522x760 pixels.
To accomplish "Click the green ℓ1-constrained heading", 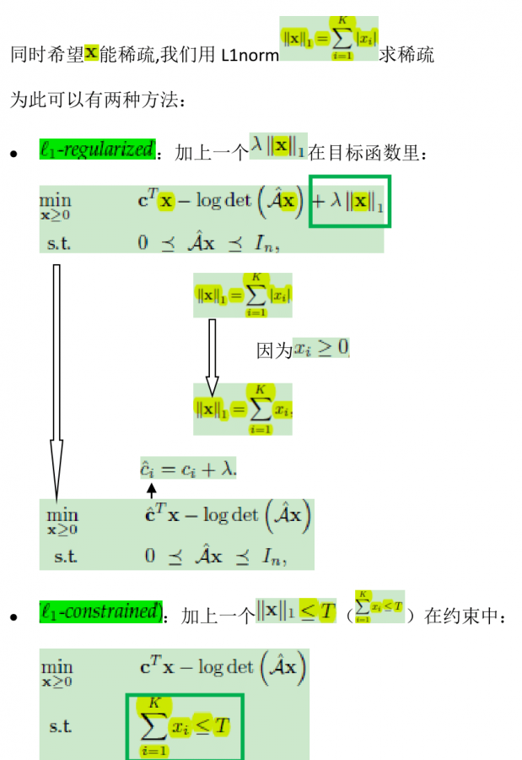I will pyautogui.click(x=100, y=612).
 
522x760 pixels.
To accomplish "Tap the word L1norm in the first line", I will pyautogui.click(x=250, y=56).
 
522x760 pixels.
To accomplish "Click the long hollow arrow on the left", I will pyautogui.click(x=57, y=380).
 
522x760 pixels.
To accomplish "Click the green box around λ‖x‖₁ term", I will pyautogui.click(x=349, y=201).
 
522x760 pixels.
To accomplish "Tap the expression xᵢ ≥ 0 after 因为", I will pyautogui.click(x=321, y=348).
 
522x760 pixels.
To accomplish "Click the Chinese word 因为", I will pyautogui.click(x=274, y=349).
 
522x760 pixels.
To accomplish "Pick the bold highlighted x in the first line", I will pyautogui.click(x=92, y=54).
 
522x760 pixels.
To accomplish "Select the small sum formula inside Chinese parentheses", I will pyautogui.click(x=379, y=608).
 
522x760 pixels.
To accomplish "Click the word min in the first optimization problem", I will pyautogui.click(x=55, y=200).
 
